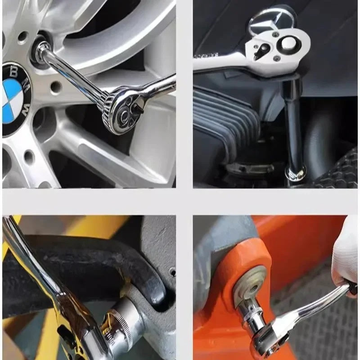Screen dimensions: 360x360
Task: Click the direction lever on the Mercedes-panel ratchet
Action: pos(262,50)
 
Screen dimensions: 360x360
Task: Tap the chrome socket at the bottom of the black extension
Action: pos(296,173)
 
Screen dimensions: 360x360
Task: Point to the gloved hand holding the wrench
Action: pos(346,257)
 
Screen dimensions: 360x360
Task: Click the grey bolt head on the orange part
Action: pos(250,285)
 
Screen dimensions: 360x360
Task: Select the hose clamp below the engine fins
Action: pos(249,168)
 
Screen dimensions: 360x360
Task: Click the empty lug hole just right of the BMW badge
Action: pos(56,87)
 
